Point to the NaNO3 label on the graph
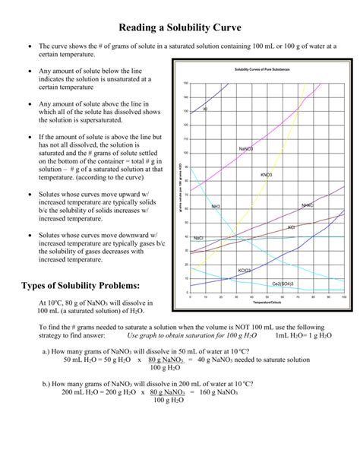[246, 148]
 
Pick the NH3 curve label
[216, 207]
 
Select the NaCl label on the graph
[199, 238]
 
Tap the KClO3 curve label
[244, 270]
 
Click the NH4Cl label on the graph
[308, 205]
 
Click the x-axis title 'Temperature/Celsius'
[267, 303]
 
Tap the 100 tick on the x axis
[344, 297]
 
